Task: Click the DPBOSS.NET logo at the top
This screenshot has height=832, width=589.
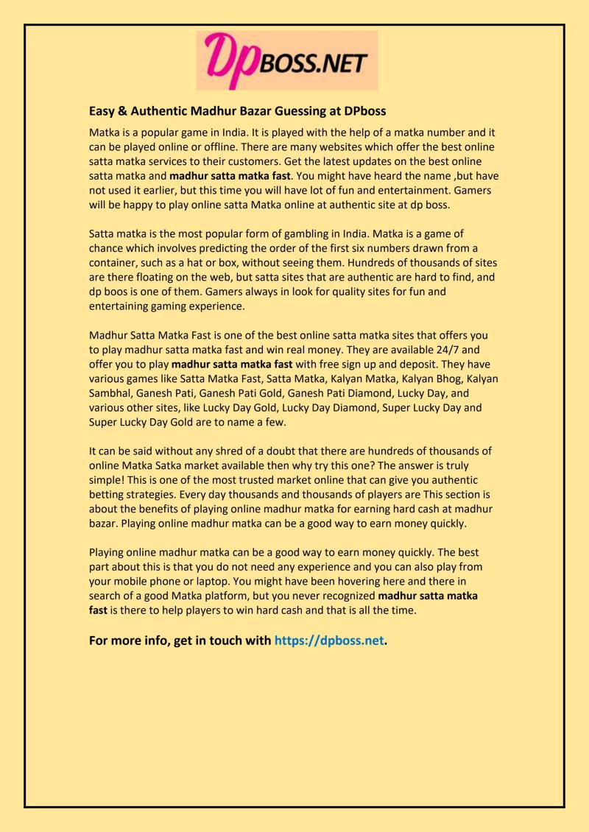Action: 287,60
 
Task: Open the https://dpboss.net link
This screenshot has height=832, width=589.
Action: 329,641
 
